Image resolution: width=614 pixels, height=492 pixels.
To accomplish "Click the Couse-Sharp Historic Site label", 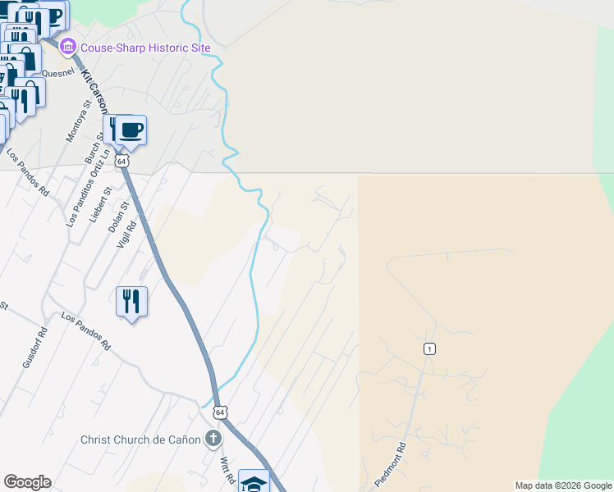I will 145,48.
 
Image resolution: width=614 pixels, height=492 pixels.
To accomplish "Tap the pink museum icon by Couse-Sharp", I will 67,48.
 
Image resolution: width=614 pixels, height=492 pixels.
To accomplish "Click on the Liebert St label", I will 99,203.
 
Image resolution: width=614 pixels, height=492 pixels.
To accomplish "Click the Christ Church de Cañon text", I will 140,440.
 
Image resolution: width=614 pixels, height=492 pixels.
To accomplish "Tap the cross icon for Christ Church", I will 213,439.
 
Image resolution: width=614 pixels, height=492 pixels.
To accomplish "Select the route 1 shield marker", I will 429,349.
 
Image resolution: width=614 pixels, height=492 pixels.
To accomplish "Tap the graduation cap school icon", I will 254,483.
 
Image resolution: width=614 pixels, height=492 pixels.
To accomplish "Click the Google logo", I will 27,482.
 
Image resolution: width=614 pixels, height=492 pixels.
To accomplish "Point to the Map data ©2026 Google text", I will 563,485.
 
